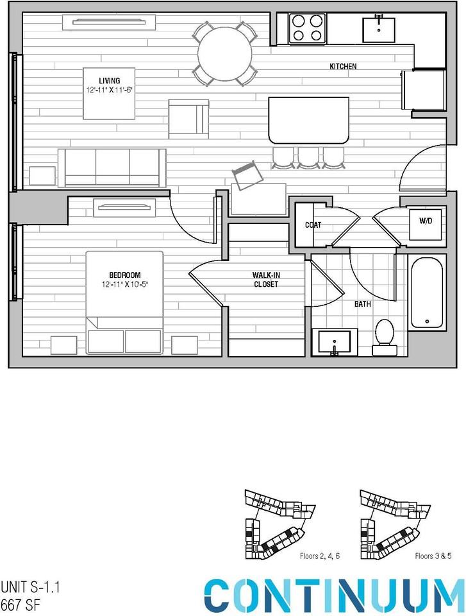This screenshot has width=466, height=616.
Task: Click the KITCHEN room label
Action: pos(343,67)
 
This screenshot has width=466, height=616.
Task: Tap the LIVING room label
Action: pos(109,80)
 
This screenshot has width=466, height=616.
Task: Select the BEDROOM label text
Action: pos(124,275)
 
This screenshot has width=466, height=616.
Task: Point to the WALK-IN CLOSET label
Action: pos(265,279)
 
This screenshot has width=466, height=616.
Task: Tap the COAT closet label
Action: pos(313,225)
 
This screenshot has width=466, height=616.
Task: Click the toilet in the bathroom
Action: pos(385,336)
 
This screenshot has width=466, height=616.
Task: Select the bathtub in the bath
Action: pos(426,293)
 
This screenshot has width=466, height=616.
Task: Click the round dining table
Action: pos(224,54)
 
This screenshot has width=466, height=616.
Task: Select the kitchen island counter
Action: pos(308,120)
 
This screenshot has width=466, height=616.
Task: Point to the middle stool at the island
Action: pos(308,157)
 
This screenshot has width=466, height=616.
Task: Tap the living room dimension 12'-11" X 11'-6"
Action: pos(109,90)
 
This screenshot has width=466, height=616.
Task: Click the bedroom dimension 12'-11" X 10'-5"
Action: pos(124,284)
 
